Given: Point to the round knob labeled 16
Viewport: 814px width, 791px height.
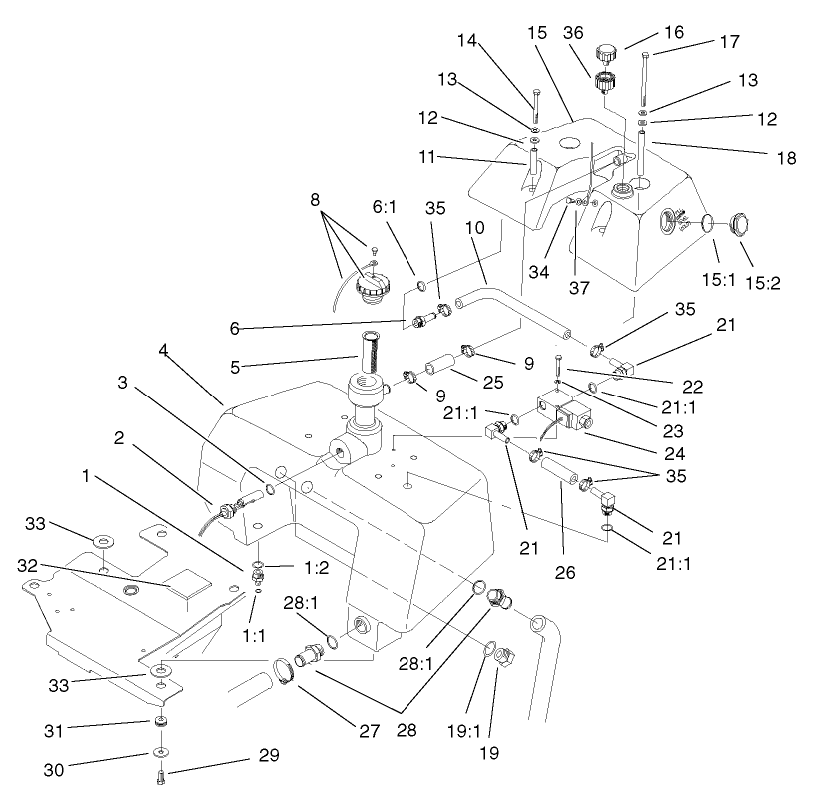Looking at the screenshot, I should coord(605,52).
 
